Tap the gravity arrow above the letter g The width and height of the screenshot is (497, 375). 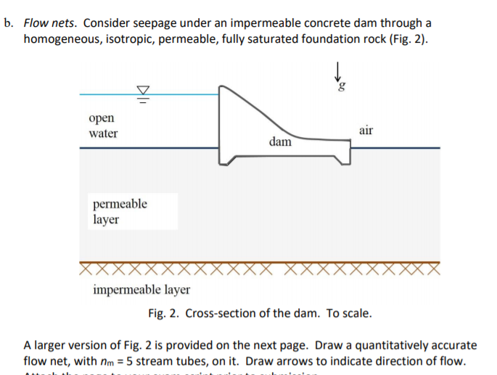[x=337, y=71]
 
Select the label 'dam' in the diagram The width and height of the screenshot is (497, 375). [x=280, y=141]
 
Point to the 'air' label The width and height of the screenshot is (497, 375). [x=366, y=130]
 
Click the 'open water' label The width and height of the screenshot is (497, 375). [x=102, y=125]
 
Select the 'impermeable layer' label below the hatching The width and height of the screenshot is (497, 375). [x=141, y=290]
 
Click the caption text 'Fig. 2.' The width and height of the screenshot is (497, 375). [x=164, y=313]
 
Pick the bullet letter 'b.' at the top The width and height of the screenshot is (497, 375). [x=9, y=23]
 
